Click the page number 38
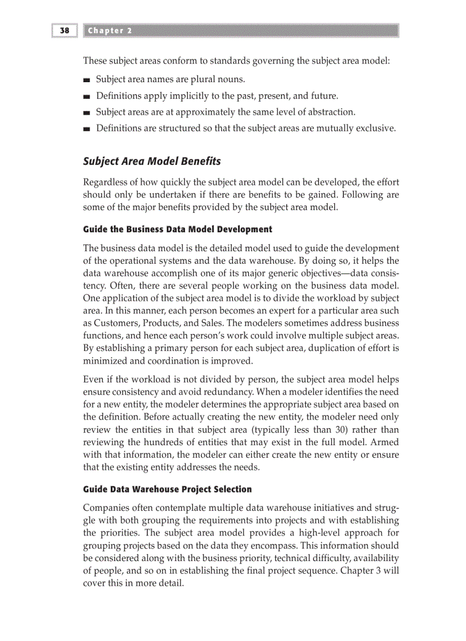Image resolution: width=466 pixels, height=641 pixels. point(64,30)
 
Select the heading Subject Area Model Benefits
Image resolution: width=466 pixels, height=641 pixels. point(152,162)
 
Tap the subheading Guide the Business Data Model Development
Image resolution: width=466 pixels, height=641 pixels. point(178,229)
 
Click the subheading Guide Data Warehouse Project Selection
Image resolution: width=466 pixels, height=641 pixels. point(167,489)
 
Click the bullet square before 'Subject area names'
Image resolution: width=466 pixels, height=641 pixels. point(87,80)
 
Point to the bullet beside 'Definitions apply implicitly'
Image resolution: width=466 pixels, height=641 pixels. point(87,96)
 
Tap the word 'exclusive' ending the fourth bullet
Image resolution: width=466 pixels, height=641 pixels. point(375,128)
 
